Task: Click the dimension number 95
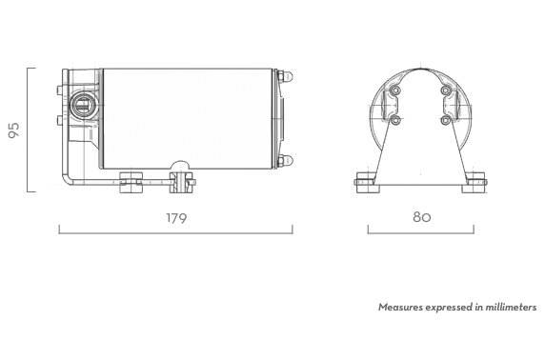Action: [x=14, y=130]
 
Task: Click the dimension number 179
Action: [x=176, y=218]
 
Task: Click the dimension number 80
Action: [x=422, y=217]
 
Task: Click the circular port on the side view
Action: [x=83, y=106]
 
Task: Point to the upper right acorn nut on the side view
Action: [x=285, y=76]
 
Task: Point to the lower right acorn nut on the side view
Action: [x=285, y=161]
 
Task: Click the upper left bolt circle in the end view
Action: [x=395, y=90]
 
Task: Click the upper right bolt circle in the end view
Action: [x=446, y=90]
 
